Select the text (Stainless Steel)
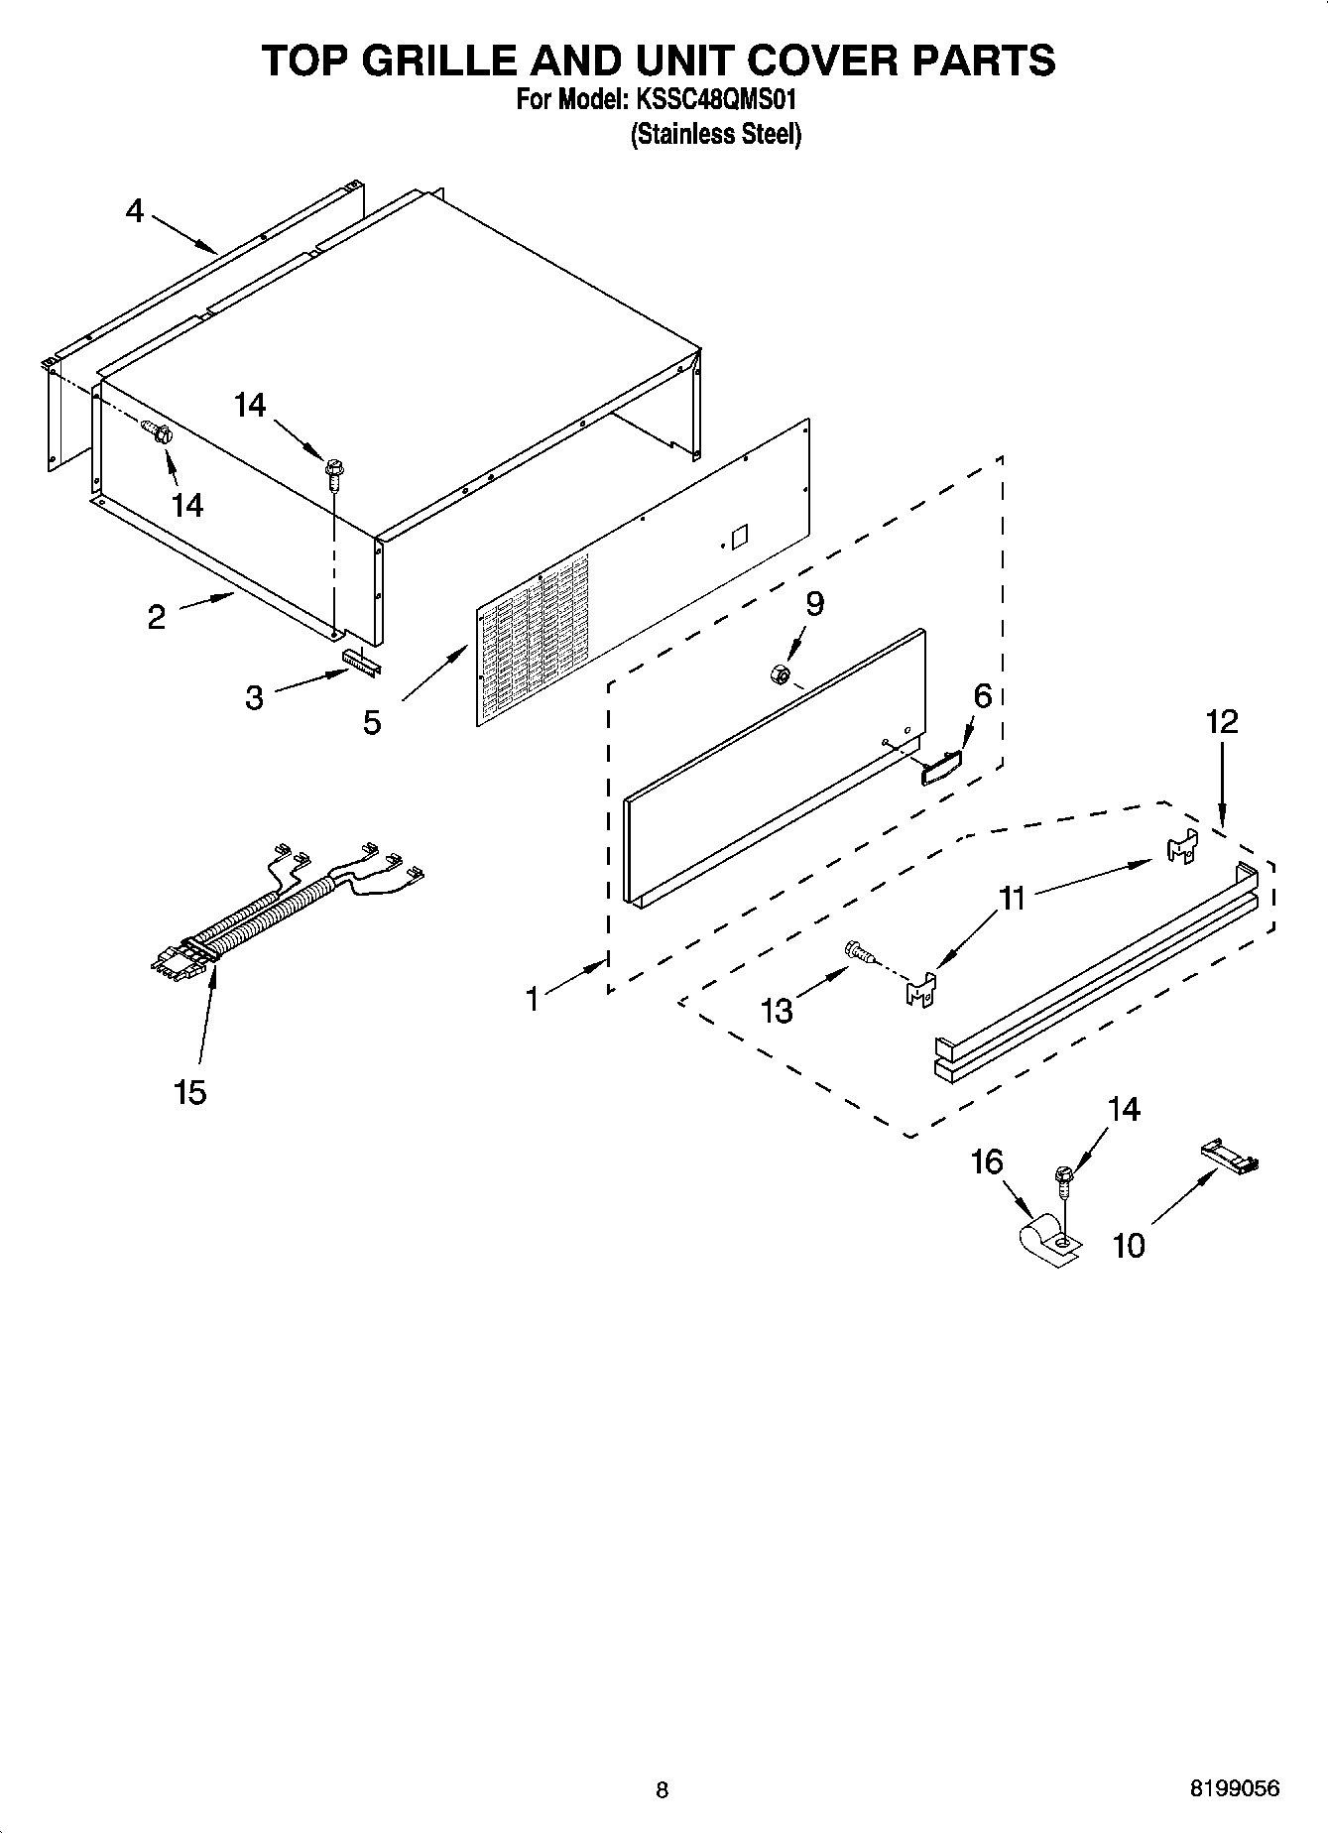click(x=716, y=134)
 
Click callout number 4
click(x=134, y=210)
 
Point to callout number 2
click(x=156, y=618)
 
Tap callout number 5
click(x=371, y=722)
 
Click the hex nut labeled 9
click(x=779, y=674)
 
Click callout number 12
click(x=1222, y=721)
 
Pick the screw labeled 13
click(x=858, y=952)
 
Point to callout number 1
click(x=533, y=999)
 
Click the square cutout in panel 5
click(x=738, y=537)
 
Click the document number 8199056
click(x=1234, y=1789)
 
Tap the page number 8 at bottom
click(x=662, y=1790)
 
